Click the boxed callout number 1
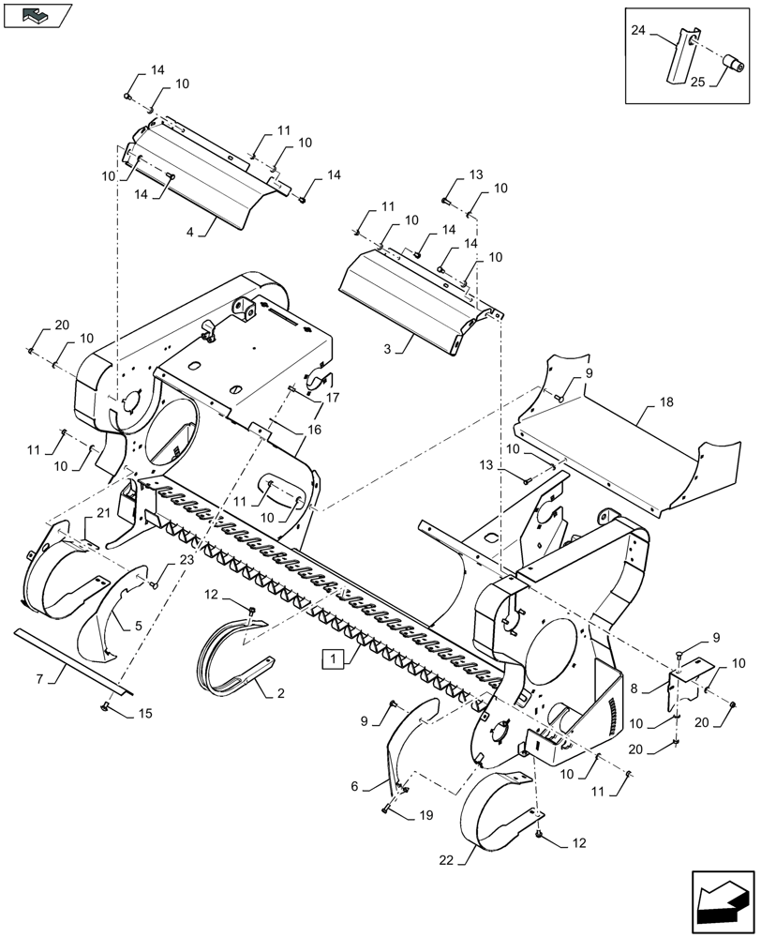[x=332, y=658]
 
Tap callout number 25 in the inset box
[x=698, y=83]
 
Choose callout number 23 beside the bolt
[x=186, y=560]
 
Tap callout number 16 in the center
[x=313, y=429]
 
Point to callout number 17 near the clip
[x=333, y=398]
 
